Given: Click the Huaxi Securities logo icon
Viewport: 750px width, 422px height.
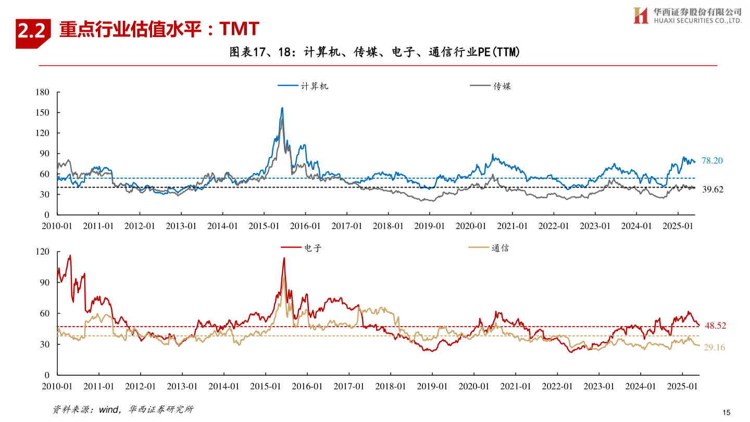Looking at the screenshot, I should coord(640,15).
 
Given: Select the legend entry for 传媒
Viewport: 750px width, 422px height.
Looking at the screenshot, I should coord(490,86).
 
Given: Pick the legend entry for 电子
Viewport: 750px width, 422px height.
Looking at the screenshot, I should coord(301,248).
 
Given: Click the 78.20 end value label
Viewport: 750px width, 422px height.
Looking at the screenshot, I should coord(712,161).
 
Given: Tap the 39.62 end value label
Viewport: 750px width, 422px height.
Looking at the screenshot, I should coord(712,190).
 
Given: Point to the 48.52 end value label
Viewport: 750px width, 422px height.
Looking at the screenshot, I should coord(715,326).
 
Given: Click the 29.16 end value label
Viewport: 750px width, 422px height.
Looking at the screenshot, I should coord(714,347).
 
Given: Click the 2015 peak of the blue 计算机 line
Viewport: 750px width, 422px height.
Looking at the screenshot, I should coord(282,108).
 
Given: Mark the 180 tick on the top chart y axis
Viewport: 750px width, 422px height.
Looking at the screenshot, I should coord(43,93).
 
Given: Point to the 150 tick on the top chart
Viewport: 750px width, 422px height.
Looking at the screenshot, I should coord(43,113).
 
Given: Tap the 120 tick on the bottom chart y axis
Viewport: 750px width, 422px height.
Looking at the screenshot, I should coord(43,252).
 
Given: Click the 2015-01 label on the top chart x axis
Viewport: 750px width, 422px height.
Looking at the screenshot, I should coord(264,226).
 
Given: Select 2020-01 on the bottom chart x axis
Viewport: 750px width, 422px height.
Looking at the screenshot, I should coord(473,387).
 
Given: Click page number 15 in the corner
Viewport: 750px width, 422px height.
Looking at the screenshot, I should coord(727,412).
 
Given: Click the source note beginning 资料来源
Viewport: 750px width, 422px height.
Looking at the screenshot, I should coord(123,409).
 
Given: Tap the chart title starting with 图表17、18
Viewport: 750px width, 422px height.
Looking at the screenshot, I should coord(374,52).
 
